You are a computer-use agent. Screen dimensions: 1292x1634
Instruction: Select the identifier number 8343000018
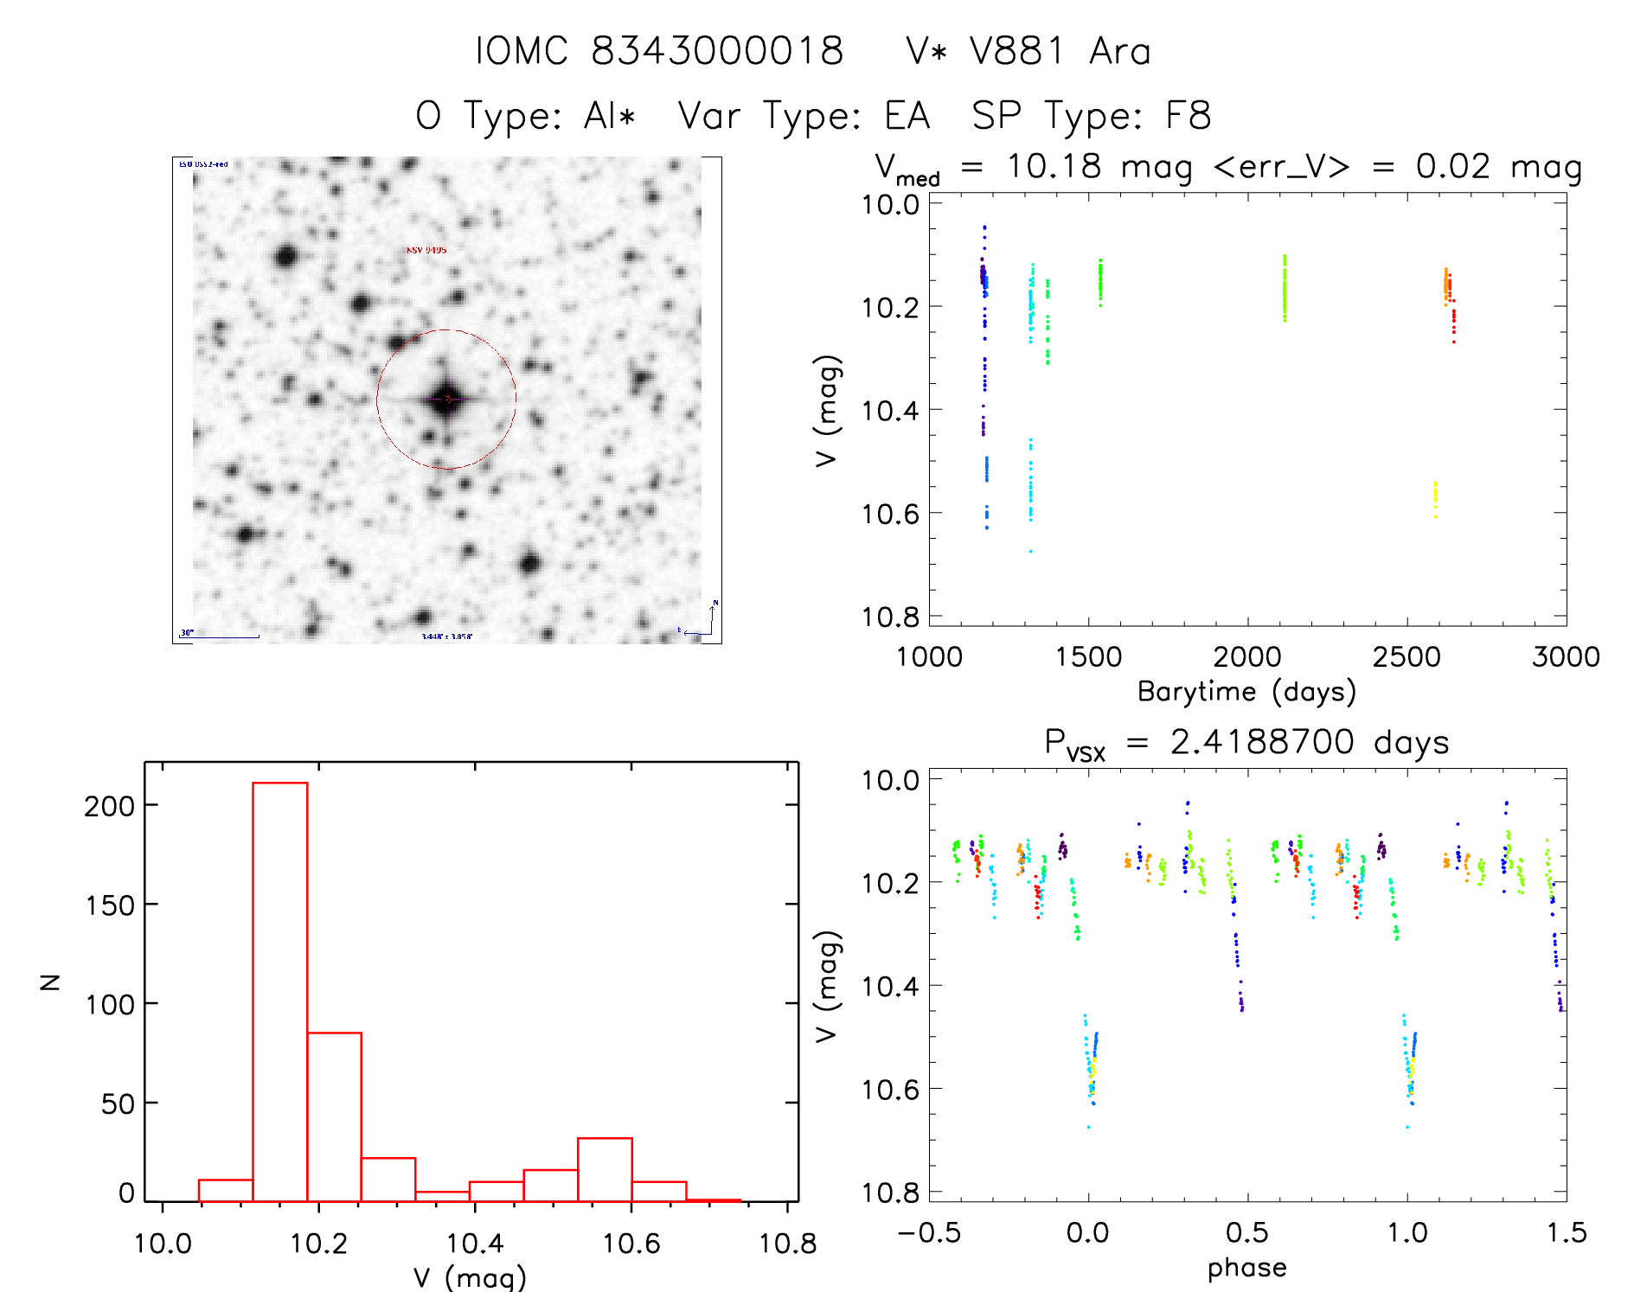pyautogui.click(x=717, y=51)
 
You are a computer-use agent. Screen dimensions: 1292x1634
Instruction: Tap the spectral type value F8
pyautogui.click(x=1189, y=116)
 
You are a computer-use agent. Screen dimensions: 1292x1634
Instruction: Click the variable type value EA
pyautogui.click(x=907, y=116)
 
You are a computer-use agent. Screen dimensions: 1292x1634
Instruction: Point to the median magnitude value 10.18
pyautogui.click(x=1054, y=166)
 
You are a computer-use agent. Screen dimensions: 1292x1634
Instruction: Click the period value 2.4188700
pyautogui.click(x=1262, y=742)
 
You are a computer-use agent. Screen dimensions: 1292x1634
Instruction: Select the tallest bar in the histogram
pyautogui.click(x=280, y=991)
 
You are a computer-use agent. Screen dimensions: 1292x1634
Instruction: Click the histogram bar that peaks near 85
pyautogui.click(x=335, y=1116)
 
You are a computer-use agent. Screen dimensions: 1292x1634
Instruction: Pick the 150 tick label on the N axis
pyautogui.click(x=110, y=905)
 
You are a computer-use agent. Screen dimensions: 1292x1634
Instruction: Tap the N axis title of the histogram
pyautogui.click(x=51, y=982)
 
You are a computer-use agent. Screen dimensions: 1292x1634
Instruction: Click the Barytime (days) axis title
pyautogui.click(x=1246, y=692)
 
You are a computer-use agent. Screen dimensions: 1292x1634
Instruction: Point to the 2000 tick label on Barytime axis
pyautogui.click(x=1246, y=657)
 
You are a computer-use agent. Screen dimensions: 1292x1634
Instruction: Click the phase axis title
pyautogui.click(x=1246, y=1268)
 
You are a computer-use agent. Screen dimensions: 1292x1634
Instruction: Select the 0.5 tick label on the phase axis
pyautogui.click(x=1246, y=1233)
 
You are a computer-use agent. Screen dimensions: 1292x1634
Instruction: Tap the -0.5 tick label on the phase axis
pyautogui.click(x=929, y=1233)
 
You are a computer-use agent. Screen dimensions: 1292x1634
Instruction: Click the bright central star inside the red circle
pyautogui.click(x=446, y=400)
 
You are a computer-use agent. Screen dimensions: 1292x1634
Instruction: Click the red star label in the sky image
pyautogui.click(x=426, y=250)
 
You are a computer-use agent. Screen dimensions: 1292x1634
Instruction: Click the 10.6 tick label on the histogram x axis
pyautogui.click(x=631, y=1244)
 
